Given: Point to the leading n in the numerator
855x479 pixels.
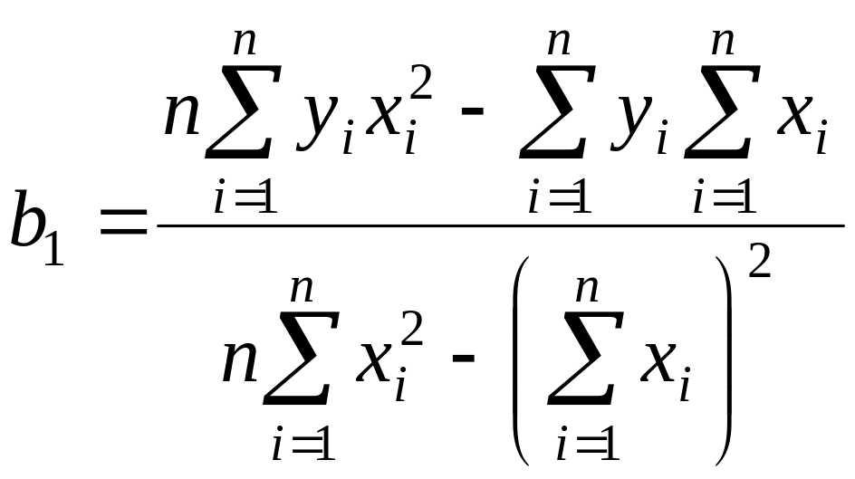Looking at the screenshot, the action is click(x=182, y=117).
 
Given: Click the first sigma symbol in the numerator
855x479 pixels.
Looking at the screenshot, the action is click(x=238, y=119).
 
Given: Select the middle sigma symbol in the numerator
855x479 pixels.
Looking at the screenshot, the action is click(x=552, y=119).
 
